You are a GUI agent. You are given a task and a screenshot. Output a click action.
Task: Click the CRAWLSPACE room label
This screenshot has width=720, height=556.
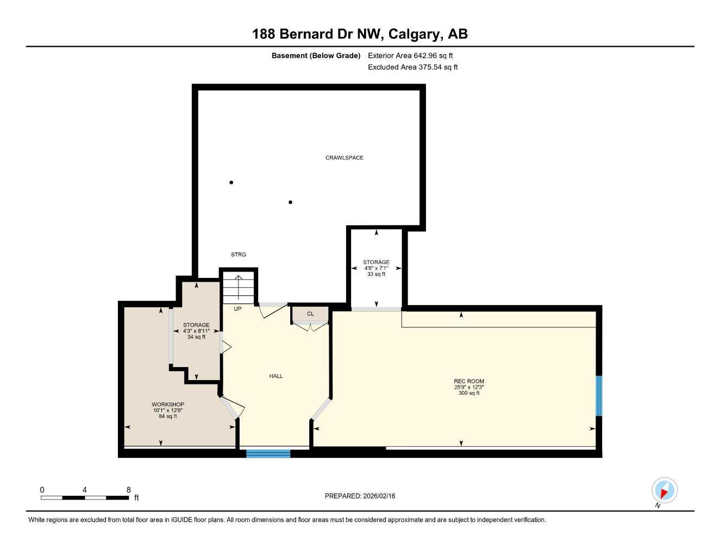tap(344, 157)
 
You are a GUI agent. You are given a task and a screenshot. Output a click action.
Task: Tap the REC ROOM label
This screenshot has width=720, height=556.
tap(468, 381)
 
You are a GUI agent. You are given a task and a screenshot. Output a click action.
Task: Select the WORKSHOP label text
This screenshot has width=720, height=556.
tap(167, 405)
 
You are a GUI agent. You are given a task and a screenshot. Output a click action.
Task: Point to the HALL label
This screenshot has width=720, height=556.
tap(276, 376)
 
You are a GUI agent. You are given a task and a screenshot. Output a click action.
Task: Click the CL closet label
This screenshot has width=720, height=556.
tap(310, 314)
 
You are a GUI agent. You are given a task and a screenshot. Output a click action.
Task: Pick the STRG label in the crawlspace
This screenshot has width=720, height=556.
tap(238, 254)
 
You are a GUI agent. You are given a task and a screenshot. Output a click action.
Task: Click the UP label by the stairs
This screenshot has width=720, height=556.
tap(237, 308)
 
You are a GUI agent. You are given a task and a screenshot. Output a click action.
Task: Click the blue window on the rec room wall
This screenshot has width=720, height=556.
tap(599, 395)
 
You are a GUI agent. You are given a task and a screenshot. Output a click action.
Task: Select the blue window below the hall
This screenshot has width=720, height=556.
tap(268, 453)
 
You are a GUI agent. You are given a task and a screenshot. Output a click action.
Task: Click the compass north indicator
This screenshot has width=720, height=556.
tap(664, 491)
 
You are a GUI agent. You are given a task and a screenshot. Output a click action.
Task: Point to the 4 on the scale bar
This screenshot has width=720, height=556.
tap(84, 490)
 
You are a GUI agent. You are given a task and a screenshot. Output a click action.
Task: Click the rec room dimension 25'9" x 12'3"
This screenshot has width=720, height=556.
tap(468, 387)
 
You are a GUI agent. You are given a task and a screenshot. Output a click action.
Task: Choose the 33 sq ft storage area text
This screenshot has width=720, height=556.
tap(376, 274)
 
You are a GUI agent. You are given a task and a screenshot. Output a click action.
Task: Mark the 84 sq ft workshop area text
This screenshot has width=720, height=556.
tap(167, 416)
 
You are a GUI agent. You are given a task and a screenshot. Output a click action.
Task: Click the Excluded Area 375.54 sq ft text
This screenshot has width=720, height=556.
tap(412, 67)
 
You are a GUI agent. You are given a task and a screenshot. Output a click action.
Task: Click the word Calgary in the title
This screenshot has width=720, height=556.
tap(416, 34)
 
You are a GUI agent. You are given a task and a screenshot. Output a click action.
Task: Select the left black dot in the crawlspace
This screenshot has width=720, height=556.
tap(231, 182)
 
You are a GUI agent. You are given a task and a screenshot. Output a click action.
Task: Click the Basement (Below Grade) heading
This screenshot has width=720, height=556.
tap(316, 55)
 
